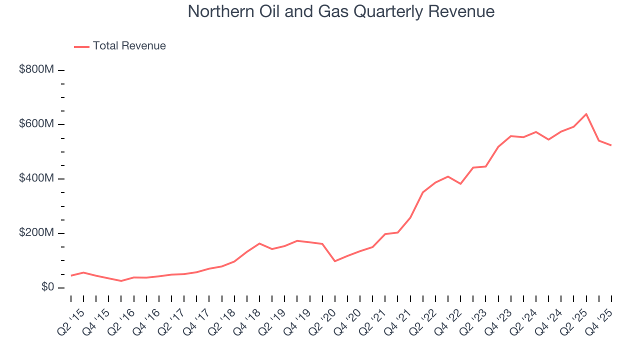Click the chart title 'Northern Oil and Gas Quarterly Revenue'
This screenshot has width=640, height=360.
341,11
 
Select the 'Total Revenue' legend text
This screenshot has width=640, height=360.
129,46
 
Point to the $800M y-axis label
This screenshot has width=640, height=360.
36,70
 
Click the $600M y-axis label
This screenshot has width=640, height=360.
36,124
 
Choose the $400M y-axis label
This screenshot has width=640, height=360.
36,178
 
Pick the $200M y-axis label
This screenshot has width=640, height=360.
36,233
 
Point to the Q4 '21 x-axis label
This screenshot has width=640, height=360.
399,316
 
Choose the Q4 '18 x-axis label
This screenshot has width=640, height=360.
248,316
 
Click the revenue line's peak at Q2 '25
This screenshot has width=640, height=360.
586,114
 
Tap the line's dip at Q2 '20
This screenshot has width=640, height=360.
335,261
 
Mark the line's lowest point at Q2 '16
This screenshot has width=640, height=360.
121,281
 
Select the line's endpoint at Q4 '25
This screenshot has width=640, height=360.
611,145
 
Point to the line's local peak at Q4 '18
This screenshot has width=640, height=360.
259,243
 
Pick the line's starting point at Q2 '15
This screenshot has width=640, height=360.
71,275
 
